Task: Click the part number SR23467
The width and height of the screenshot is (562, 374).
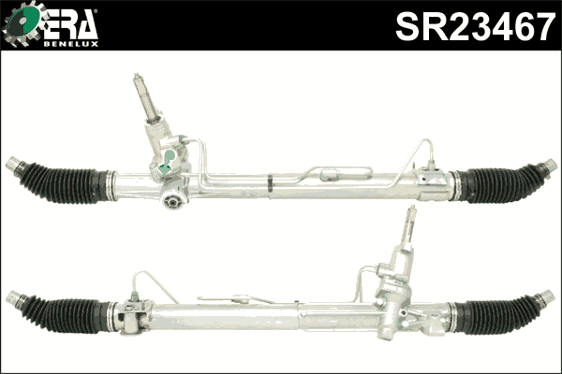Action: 475,26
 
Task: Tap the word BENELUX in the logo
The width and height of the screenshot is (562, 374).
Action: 71,44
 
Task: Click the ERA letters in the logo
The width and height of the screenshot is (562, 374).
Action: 70,24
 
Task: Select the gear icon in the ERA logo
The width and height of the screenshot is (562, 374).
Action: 22,24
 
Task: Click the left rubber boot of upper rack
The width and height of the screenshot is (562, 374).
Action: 65,183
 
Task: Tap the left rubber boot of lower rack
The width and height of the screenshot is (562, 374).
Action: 66,314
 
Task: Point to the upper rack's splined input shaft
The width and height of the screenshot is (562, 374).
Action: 146,97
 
